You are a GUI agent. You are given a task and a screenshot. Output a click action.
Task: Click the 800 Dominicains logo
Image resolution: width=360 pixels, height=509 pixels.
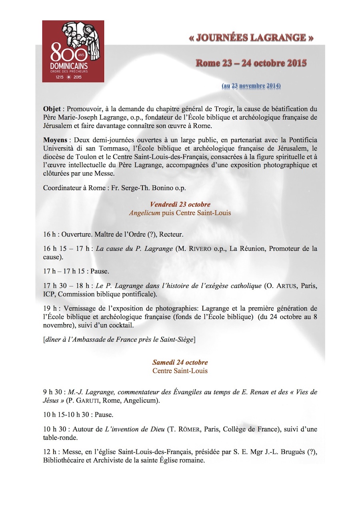73,51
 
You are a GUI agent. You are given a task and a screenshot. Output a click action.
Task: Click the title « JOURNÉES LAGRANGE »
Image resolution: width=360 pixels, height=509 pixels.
251,38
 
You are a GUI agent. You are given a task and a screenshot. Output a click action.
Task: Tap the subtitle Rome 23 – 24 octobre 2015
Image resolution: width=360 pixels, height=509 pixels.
251,63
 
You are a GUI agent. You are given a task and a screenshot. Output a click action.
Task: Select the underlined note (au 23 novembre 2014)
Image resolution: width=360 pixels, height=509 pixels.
251,86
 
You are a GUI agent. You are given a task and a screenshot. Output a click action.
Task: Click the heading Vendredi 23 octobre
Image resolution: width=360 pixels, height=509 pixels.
180,205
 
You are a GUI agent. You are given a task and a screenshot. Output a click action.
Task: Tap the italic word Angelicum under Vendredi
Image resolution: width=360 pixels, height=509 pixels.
144,213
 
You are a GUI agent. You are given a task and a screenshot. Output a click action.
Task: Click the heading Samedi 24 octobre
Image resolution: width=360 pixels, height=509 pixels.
180,363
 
